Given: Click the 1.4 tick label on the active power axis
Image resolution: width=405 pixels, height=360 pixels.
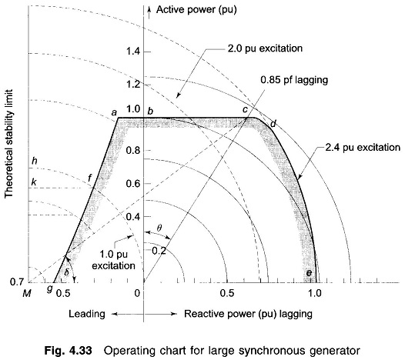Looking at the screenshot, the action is [133, 52].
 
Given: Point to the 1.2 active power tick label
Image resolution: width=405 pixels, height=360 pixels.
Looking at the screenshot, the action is [133, 84].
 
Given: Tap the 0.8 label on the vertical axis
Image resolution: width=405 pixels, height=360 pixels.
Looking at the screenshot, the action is [133, 150].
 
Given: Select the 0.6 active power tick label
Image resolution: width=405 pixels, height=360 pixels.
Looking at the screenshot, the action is [133, 183].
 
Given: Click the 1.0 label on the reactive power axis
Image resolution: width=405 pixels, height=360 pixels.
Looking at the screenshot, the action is [315, 293].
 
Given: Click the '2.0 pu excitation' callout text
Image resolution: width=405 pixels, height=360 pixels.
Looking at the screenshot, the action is [265, 48].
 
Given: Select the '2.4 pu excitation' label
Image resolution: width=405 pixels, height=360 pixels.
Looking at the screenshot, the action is [363, 148].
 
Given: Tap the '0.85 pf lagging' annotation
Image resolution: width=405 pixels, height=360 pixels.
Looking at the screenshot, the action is [294, 80].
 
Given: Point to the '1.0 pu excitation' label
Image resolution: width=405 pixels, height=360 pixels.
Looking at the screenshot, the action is [114, 260].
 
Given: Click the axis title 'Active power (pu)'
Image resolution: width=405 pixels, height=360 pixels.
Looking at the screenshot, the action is [196, 10].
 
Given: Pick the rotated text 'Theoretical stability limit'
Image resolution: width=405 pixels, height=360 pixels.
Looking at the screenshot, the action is [8, 144].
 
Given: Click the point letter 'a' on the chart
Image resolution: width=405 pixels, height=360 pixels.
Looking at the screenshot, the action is [114, 112].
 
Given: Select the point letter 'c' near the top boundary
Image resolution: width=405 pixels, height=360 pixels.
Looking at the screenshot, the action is [245, 109].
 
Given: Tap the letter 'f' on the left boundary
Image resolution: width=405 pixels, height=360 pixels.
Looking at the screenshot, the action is [89, 178].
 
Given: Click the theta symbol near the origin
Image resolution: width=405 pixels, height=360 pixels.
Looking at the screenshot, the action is [159, 228].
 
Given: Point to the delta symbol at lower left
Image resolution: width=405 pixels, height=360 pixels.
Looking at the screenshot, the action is [66, 272].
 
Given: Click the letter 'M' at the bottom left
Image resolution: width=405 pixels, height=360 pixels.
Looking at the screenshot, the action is [27, 293].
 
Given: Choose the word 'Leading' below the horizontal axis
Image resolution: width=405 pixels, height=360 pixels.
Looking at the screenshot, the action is [87, 314].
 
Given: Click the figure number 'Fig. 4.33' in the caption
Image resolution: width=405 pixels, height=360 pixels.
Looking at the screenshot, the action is [69, 351].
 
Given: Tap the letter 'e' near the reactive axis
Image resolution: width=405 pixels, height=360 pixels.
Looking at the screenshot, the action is [309, 273].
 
